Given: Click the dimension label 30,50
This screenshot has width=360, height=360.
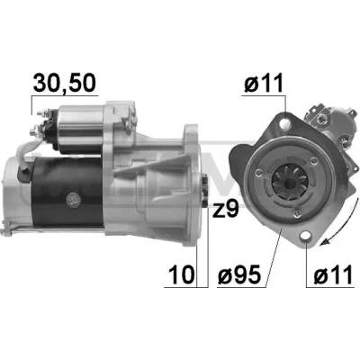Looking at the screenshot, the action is click(x=65, y=83).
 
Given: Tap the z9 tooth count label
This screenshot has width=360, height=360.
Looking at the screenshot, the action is click(x=226, y=210).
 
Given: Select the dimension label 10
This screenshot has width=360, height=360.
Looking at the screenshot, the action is click(x=182, y=274).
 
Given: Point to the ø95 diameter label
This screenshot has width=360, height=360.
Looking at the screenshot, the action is click(x=238, y=274).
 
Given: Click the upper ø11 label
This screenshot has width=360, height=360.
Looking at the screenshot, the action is click(x=264, y=83).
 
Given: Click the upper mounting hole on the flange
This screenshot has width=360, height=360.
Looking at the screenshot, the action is click(x=285, y=123).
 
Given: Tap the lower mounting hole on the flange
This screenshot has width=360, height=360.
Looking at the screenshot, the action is click(x=306, y=237).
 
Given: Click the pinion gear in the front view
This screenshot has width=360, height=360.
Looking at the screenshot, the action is click(x=289, y=182).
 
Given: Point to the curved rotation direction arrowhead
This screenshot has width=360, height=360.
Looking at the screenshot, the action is click(x=324, y=241).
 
